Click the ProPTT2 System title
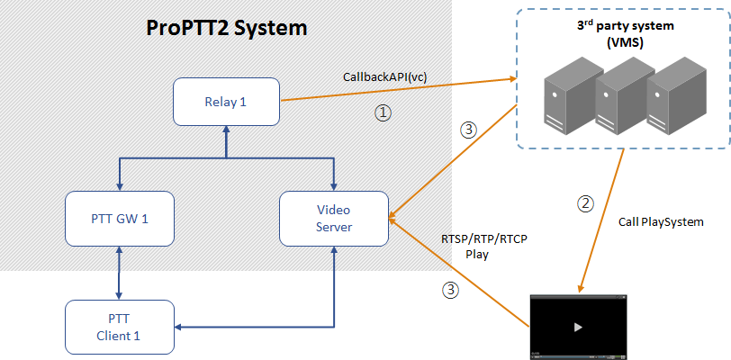pyautogui.click(x=227, y=28)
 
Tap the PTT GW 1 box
pyautogui.click(x=119, y=219)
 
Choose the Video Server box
pyautogui.click(x=333, y=219)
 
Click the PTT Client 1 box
pyautogui.click(x=119, y=326)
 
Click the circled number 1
pyautogui.click(x=383, y=113)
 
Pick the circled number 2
pyautogui.click(x=585, y=202)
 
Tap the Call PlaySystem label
pyautogui.click(x=661, y=220)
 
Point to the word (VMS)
pyautogui.click(x=621, y=41)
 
